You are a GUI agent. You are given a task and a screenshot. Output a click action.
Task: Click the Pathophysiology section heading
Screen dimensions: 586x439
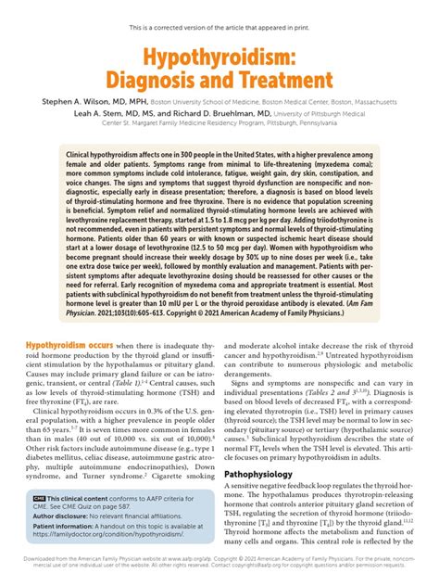pos(268,474)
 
